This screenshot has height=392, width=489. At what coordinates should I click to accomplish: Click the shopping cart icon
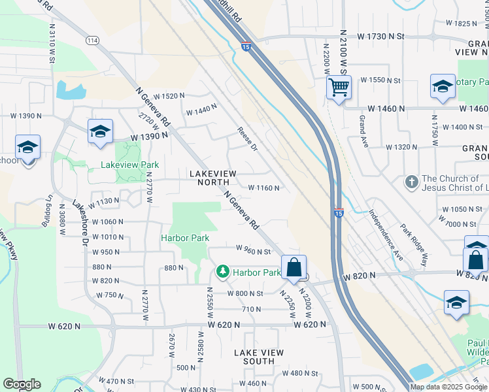(339, 87)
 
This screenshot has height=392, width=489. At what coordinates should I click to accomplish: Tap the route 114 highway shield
(92, 41)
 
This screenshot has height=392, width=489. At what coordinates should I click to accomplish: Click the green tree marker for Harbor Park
(223, 271)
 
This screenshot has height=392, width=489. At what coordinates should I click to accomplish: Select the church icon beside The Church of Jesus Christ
(411, 181)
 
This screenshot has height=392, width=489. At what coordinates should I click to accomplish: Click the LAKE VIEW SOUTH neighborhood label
(259, 357)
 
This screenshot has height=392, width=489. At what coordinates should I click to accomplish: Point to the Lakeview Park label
(129, 165)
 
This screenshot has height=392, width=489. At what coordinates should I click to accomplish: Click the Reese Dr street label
(247, 139)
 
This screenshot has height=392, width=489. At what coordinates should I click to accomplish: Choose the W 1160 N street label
(264, 188)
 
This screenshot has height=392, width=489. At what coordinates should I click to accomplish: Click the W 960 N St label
(253, 251)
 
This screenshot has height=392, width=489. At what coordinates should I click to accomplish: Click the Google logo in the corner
(22, 384)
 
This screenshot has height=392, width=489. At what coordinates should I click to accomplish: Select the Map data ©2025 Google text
(448, 387)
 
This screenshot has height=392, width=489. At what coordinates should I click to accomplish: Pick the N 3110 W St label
(52, 43)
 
